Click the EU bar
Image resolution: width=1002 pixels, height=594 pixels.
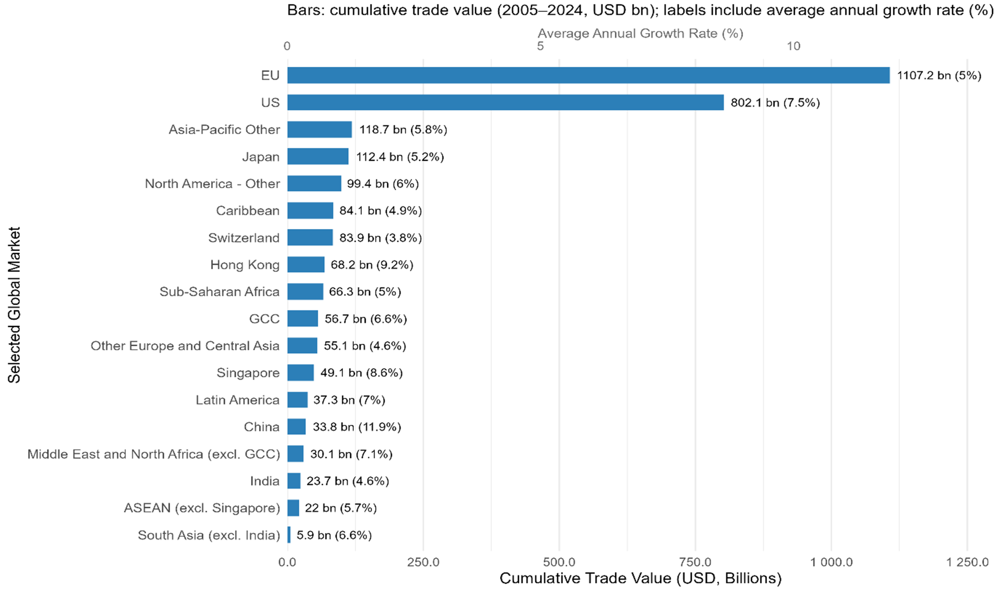587,75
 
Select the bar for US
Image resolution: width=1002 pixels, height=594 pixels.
505,103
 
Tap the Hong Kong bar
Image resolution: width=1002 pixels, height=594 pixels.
305,265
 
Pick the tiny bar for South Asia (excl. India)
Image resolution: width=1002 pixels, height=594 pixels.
289,535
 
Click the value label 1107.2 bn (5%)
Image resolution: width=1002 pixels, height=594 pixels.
939,76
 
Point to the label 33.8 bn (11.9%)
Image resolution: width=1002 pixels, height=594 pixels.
357,427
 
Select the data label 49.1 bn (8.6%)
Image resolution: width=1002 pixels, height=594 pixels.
361,373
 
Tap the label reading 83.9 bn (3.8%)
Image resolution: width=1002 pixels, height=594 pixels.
380,238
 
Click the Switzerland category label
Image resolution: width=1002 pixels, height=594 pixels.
243,238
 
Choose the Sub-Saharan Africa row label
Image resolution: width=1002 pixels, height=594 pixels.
219,292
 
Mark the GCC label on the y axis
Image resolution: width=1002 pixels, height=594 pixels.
264,319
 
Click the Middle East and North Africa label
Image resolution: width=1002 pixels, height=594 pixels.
153,454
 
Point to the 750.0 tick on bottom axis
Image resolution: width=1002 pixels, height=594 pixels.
695,562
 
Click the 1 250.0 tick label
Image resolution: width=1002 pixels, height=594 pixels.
967,562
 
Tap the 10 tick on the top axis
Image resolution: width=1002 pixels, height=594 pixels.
793,46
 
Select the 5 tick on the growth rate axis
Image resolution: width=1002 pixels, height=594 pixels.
540,46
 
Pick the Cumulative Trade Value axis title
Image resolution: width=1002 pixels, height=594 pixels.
640,578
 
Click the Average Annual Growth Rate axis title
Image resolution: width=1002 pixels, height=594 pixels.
640,33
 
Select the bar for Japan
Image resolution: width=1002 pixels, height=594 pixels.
318,157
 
